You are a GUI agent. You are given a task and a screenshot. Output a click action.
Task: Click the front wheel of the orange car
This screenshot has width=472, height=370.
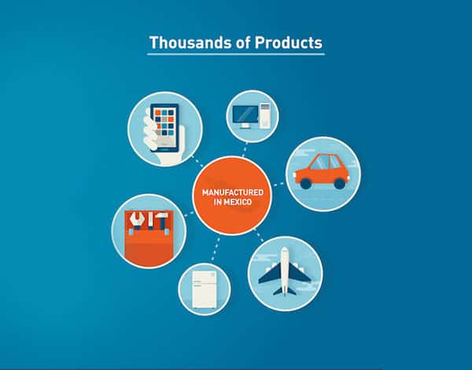[x=340, y=183]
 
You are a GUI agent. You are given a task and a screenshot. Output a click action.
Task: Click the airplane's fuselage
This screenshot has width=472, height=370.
[x=285, y=269]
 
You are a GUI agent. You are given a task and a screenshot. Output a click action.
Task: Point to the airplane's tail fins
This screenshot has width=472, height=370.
[x=285, y=291]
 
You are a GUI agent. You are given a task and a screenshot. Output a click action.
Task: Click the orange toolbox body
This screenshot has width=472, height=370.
[x=149, y=247]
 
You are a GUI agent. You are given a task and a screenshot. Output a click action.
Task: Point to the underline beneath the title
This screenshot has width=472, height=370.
[x=236, y=53]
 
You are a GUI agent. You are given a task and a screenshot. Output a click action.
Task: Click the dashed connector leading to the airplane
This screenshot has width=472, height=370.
[x=259, y=234]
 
